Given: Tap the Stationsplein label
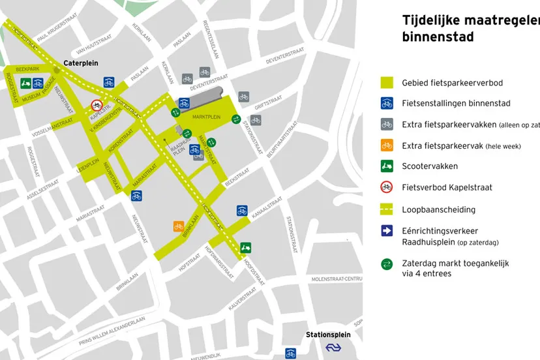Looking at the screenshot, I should pyautogui.click(x=328, y=335).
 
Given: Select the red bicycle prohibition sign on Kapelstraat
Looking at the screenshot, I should pyautogui.click(x=97, y=104).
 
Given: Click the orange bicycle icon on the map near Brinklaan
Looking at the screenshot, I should pyautogui.click(x=178, y=226).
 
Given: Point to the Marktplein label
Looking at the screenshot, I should pyautogui.click(x=207, y=117).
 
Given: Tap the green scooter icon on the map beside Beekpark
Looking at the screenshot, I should pyautogui.click(x=26, y=83).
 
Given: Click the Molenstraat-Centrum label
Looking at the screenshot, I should pyautogui.click(x=337, y=278).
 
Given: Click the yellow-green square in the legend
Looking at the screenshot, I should pyautogui.click(x=387, y=83).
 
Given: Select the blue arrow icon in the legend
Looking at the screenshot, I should pyautogui.click(x=387, y=230).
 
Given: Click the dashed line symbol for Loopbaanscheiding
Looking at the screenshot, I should pyautogui.click(x=387, y=209).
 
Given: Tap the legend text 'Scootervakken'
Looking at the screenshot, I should pyautogui.click(x=430, y=166).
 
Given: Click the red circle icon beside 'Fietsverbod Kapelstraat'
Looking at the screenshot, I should pyautogui.click(x=387, y=187).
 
